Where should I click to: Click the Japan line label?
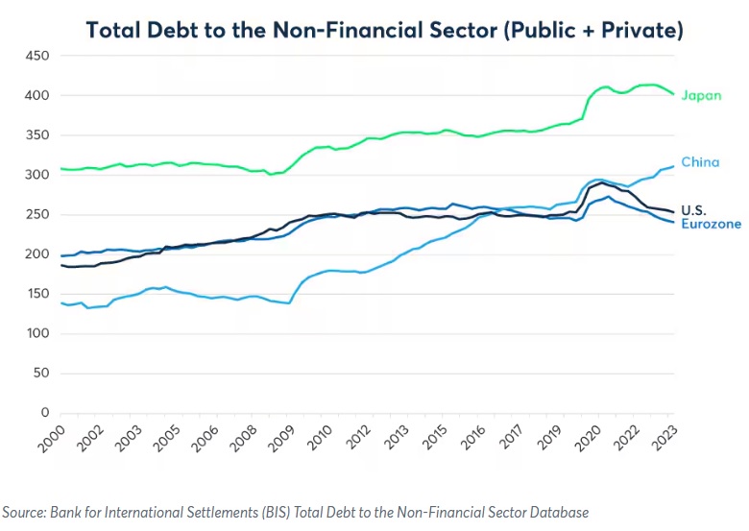(701, 95)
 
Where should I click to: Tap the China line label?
(700, 162)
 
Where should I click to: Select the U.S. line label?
(693, 210)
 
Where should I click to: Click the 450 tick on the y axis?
(37, 56)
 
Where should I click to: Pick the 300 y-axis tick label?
(37, 175)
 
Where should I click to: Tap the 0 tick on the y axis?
(44, 413)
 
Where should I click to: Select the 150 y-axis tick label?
(37, 294)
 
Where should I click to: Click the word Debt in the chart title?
(176, 30)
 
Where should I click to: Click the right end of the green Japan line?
(673, 94)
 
